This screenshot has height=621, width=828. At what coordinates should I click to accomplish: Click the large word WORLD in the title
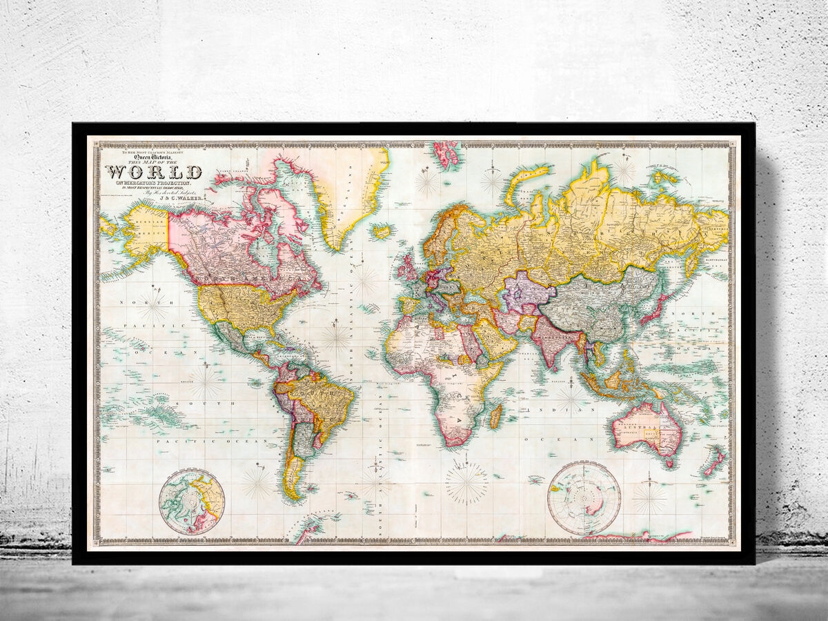tap(154, 172)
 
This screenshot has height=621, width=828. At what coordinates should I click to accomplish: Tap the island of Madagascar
tap(495, 415)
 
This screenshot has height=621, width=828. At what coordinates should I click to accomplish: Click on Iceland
tap(382, 231)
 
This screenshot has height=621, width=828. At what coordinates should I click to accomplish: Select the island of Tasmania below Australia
tap(668, 463)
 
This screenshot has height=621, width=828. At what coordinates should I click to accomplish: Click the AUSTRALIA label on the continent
tap(638, 428)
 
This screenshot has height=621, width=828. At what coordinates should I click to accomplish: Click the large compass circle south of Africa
tap(467, 482)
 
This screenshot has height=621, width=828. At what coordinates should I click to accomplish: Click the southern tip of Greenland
tap(336, 247)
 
